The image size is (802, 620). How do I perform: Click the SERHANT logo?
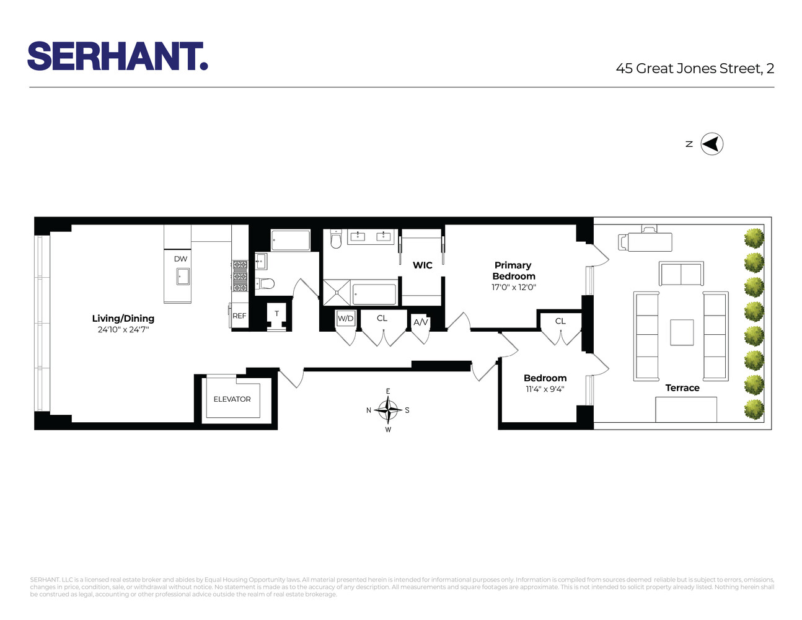coord(118,56)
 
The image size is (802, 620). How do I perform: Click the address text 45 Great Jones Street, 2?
coord(695,69)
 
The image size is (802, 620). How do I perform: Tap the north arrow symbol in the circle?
coord(712,144)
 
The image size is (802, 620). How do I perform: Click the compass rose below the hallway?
coord(388,409)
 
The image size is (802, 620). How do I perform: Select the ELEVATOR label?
coord(232,399)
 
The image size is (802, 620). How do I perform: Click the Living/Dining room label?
coord(123,319)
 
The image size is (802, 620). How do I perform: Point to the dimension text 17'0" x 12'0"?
coord(513,288)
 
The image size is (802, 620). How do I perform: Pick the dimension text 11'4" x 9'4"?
coord(545,389)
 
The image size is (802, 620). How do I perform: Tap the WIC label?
coord(422,265)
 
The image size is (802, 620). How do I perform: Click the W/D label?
coord(345,319)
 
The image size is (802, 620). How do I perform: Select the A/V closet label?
coord(421,322)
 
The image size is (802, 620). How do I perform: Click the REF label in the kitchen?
coord(239,316)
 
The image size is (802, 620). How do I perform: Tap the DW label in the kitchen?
coord(180,259)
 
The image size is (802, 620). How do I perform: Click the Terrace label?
coord(682,388)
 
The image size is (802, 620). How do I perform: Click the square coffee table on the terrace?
coord(682,332)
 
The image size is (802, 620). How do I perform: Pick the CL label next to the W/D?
coord(382,319)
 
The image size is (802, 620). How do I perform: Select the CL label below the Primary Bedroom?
coord(560,321)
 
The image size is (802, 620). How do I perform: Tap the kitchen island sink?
coord(183,277)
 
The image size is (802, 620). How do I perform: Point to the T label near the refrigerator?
coord(276,314)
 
